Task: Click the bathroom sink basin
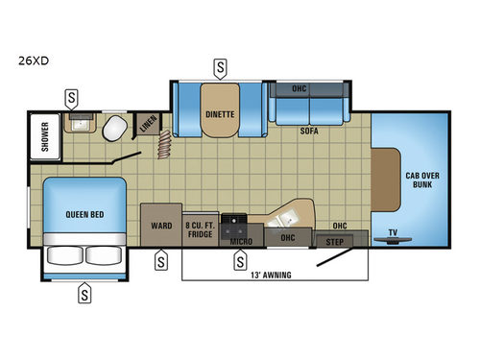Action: tap(76, 124)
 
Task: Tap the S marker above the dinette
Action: tap(221, 68)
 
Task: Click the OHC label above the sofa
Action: tap(298, 89)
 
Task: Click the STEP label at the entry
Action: tap(335, 241)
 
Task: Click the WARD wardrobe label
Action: tap(160, 228)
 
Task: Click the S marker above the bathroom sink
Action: tap(72, 97)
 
